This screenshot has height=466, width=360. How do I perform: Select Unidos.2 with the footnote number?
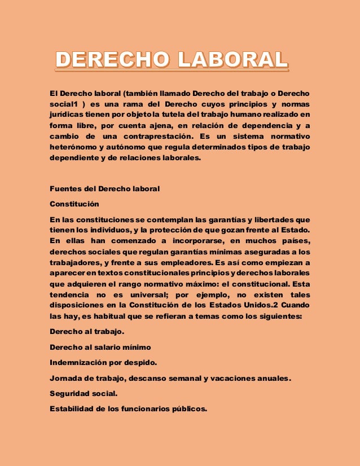point(264,306)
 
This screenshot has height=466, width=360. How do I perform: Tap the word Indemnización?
point(81,361)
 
